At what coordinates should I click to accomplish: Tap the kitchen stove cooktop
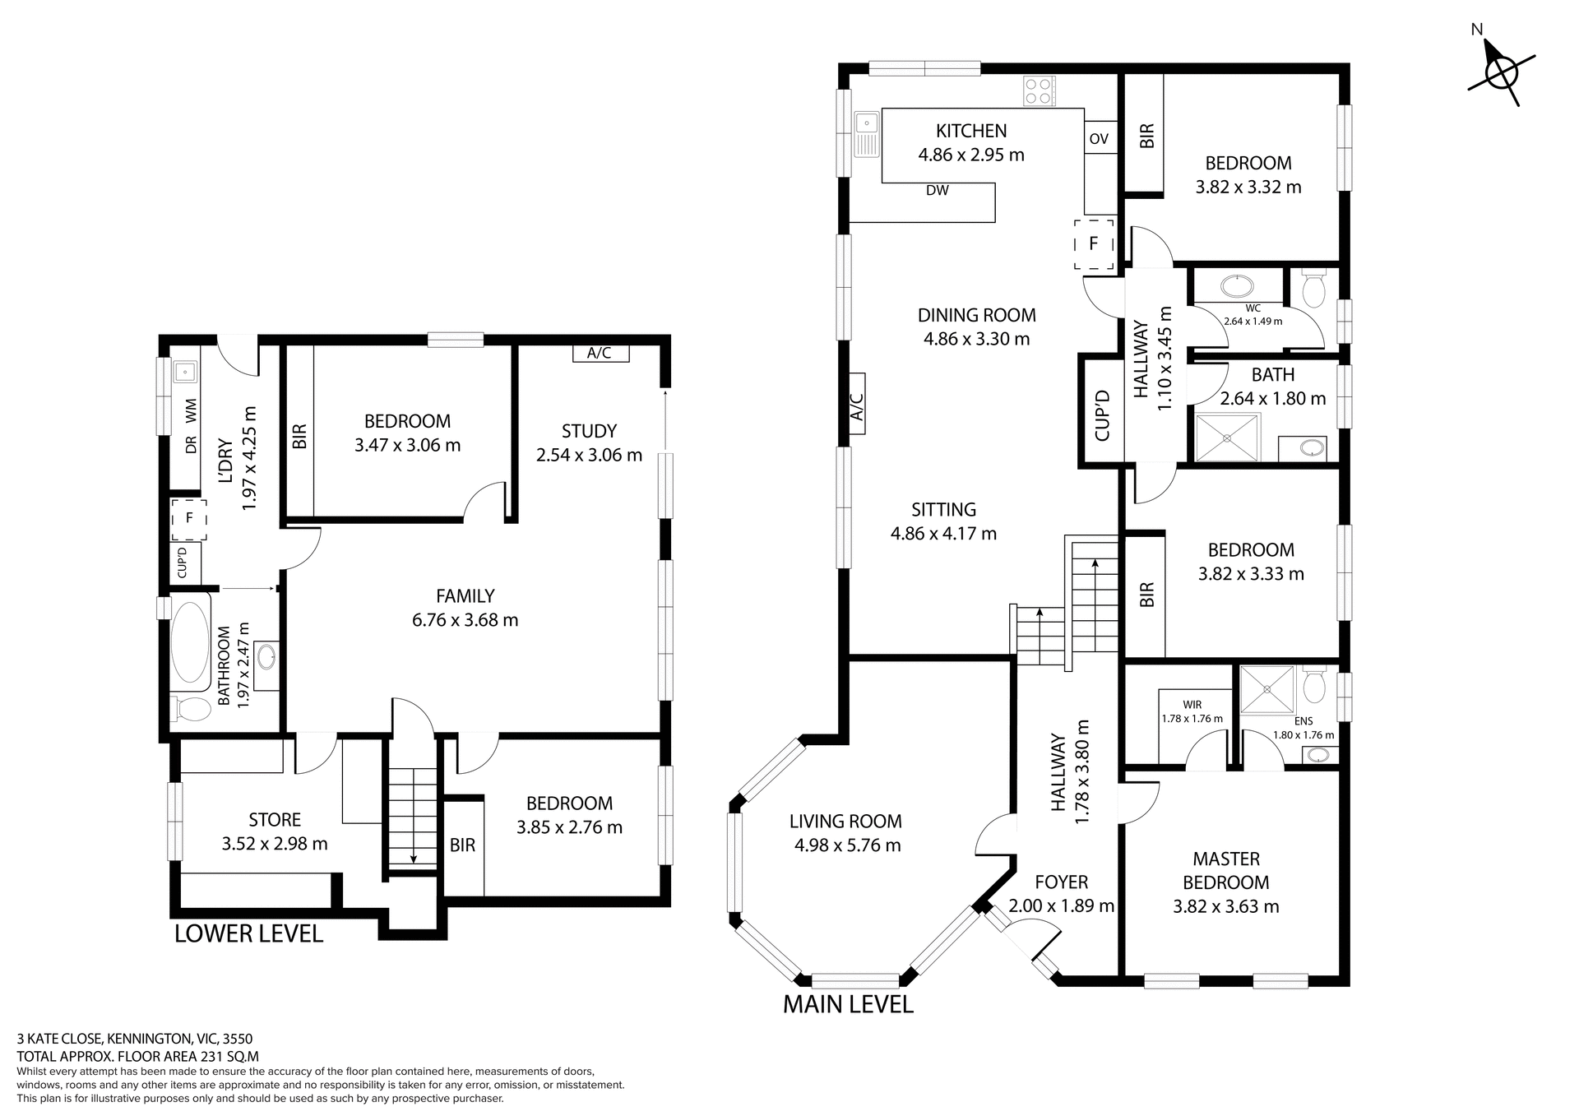[1039, 91]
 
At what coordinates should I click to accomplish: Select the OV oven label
[1099, 139]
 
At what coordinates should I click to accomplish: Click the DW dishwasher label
[937, 191]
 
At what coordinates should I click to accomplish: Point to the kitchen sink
[866, 134]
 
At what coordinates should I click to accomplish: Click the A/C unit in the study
[600, 354]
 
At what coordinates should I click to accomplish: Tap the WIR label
[1192, 705]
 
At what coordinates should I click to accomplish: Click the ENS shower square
[1266, 689]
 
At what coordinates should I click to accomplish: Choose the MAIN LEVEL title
[848, 1004]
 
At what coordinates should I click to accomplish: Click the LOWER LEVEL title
[248, 933]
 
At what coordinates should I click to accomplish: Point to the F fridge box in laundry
[188, 518]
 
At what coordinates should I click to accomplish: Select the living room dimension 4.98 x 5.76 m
[847, 845]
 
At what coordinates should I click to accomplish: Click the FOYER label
[1061, 882]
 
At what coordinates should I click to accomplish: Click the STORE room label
[275, 820]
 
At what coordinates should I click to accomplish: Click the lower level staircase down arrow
[413, 857]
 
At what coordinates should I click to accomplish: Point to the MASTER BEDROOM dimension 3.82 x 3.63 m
[1225, 907]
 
